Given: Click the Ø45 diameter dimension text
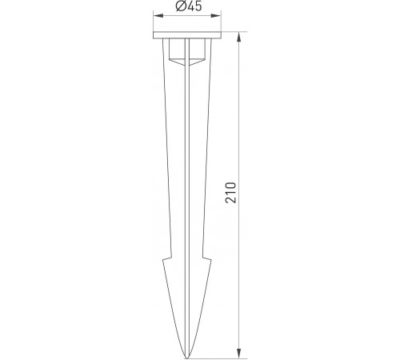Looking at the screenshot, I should [x=186, y=7].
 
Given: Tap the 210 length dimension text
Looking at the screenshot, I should [x=231, y=194].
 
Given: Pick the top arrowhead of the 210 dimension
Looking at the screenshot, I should [x=241, y=35].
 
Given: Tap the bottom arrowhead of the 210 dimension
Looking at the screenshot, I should [x=241, y=354].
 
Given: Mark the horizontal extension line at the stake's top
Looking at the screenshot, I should [x=232, y=32].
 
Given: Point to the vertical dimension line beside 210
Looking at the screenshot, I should [x=241, y=120].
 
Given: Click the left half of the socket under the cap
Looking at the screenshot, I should [x=177, y=51].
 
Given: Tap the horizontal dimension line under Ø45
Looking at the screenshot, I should [x=196, y=14].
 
